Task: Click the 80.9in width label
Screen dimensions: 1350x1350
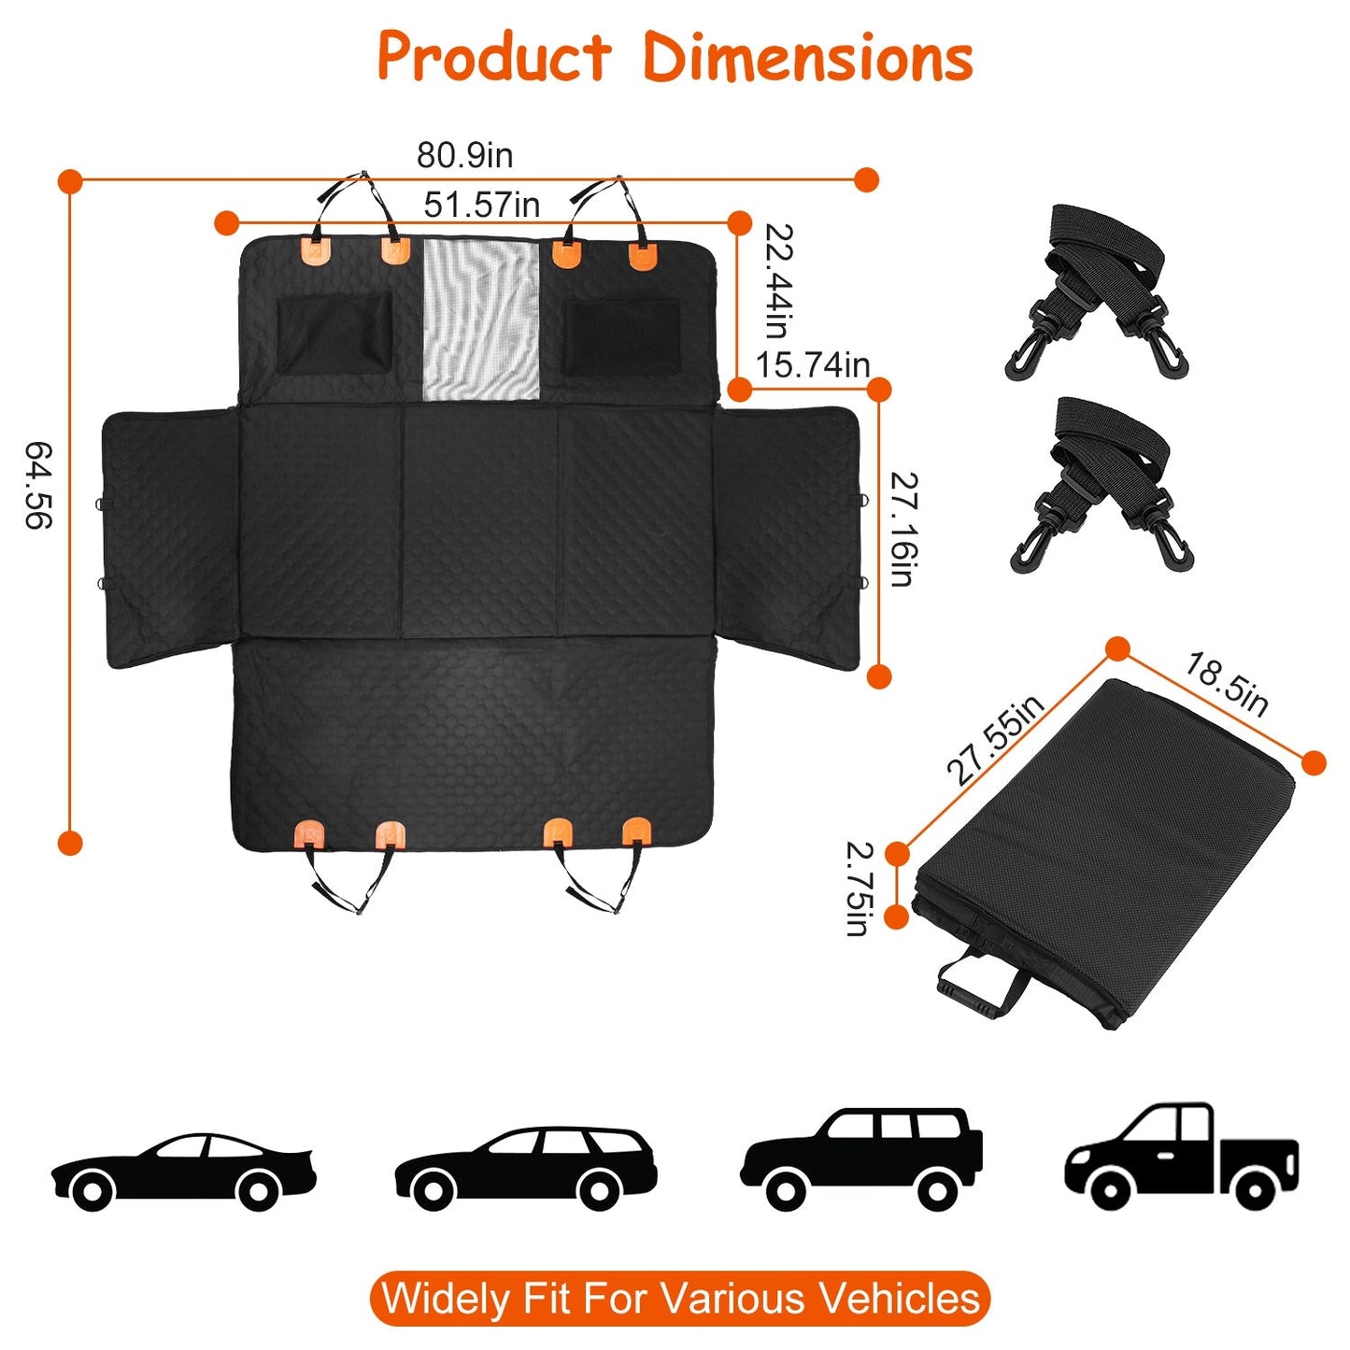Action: click(464, 155)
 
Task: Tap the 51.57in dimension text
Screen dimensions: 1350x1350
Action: click(481, 205)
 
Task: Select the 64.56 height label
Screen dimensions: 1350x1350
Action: click(38, 486)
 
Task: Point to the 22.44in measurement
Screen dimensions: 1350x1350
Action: click(779, 280)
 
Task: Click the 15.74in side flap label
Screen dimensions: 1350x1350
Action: click(812, 364)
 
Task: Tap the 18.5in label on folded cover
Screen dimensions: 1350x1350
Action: click(1227, 684)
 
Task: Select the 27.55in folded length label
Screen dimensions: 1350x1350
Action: click(994, 740)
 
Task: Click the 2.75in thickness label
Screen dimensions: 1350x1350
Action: click(859, 888)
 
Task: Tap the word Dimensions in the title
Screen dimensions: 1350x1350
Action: click(808, 58)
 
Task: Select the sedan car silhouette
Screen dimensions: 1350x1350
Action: click(184, 1171)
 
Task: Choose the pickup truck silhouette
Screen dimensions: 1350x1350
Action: click(1182, 1157)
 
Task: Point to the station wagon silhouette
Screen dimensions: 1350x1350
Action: click(525, 1166)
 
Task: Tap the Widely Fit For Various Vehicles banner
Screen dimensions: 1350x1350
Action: click(680, 1299)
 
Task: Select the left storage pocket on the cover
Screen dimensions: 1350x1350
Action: click(334, 334)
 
